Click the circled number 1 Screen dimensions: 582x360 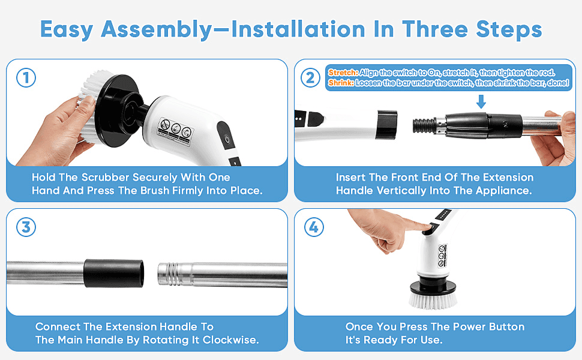[x=26, y=78]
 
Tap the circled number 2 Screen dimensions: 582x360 [x=310, y=78]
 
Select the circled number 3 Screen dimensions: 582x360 [x=26, y=227]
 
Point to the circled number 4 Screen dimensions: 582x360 [x=314, y=227]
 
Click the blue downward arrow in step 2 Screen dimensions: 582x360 [x=481, y=101]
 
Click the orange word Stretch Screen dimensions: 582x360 [x=343, y=73]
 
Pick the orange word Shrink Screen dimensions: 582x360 [x=341, y=83]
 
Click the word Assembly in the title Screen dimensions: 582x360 [x=156, y=29]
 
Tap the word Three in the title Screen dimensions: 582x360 [x=434, y=29]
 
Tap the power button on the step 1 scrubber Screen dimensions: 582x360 [x=227, y=140]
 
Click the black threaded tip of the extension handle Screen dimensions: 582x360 [x=424, y=125]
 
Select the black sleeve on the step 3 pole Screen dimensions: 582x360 [x=113, y=273]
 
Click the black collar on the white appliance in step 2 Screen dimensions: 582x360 [x=387, y=124]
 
